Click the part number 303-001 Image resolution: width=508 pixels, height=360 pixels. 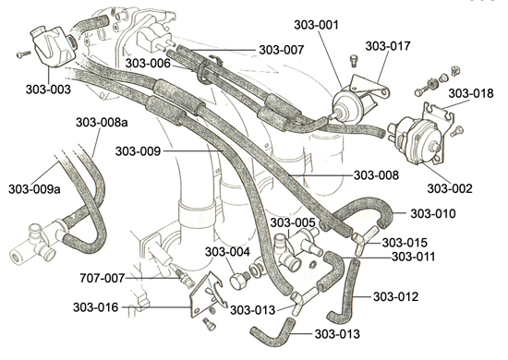tap(316, 25)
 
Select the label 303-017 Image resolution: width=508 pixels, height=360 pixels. tap(388, 46)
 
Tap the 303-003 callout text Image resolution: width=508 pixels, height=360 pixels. tap(48, 90)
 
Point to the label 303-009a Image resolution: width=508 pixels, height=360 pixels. tap(34, 189)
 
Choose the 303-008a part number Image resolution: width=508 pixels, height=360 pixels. tap(102, 123)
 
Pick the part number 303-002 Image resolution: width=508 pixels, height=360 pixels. tap(450, 188)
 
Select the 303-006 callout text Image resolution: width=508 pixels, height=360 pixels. tap(148, 63)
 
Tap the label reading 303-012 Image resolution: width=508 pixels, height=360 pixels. tap(395, 296)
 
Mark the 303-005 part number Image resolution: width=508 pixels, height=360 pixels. tap(293, 222)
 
